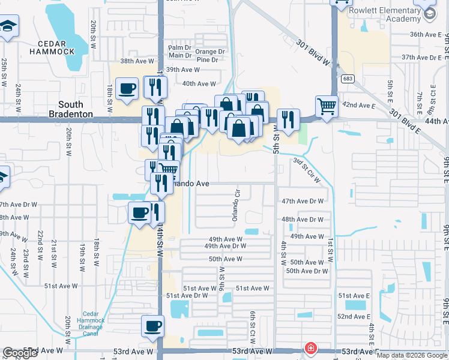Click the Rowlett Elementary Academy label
(384, 14)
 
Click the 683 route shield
(347, 79)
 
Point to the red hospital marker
(310, 348)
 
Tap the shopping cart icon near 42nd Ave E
(327, 107)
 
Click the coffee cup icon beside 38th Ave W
(127, 89)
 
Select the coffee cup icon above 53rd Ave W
(152, 326)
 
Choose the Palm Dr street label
(179, 47)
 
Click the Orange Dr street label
(210, 52)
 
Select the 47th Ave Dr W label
(303, 201)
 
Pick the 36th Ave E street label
(426, 35)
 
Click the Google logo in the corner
(20, 353)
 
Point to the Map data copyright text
(411, 355)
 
